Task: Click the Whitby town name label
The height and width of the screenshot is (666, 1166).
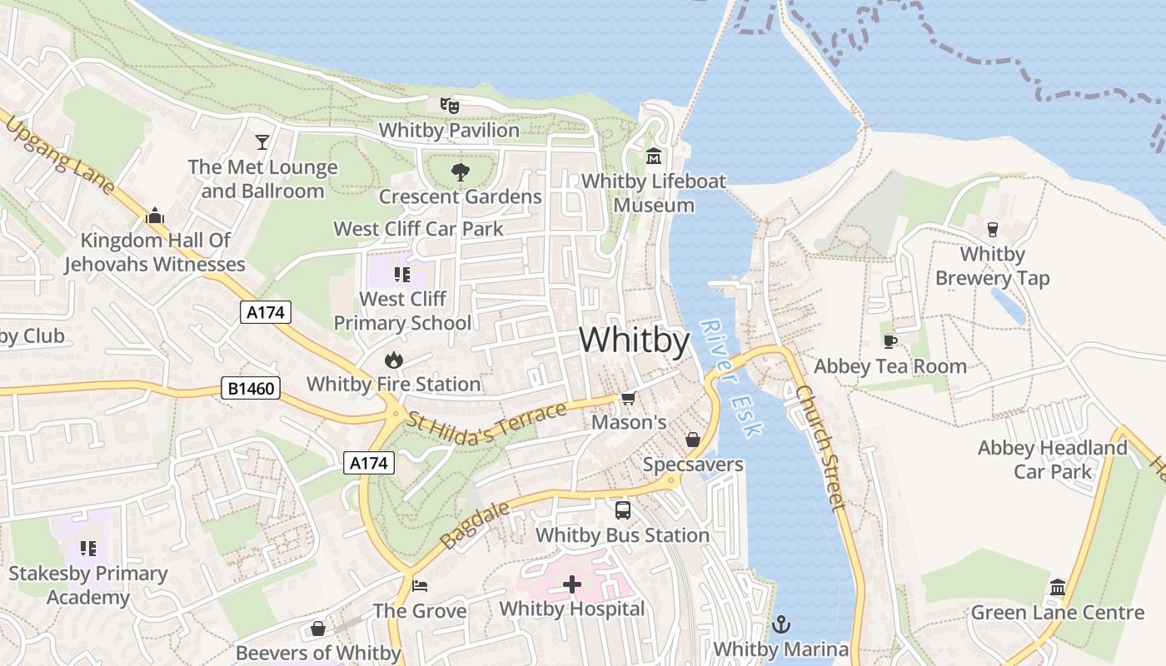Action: (x=635, y=340)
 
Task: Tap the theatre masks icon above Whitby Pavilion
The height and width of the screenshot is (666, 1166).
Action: (x=450, y=106)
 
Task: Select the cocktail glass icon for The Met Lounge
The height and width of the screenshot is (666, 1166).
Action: (x=262, y=142)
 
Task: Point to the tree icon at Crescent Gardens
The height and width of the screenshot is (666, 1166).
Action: (x=460, y=172)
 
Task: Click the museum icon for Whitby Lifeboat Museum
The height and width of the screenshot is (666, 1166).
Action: (x=654, y=157)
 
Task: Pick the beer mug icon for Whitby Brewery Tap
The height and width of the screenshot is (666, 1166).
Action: (x=992, y=229)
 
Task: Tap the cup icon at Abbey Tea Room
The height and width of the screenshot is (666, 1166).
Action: (x=889, y=341)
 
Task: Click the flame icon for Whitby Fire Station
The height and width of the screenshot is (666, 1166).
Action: (x=393, y=360)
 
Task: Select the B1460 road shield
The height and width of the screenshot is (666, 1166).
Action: (x=251, y=388)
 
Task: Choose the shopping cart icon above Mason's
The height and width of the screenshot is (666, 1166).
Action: (x=629, y=398)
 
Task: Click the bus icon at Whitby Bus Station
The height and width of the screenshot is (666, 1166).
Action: (x=622, y=510)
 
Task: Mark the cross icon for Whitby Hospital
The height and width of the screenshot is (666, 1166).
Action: (x=572, y=584)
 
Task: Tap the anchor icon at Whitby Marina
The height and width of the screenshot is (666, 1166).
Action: (x=781, y=624)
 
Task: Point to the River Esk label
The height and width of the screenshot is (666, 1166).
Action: (x=731, y=378)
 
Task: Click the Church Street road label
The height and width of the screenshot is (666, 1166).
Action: (x=820, y=447)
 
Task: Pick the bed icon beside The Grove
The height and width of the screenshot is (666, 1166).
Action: (x=420, y=586)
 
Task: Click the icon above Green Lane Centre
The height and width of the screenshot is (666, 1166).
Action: (x=1058, y=588)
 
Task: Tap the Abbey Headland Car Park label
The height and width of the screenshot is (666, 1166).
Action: (x=1052, y=460)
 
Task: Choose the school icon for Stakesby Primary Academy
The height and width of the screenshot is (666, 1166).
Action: (x=88, y=549)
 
